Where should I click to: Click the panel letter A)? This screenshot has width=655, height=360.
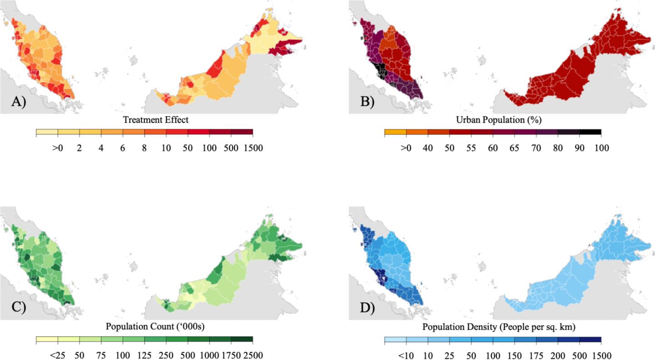click(x=19, y=102)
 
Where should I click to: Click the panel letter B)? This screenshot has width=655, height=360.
click(x=367, y=102)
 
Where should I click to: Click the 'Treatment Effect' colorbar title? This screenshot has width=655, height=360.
click(x=156, y=120)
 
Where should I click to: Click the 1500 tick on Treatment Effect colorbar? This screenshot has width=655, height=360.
click(x=253, y=148)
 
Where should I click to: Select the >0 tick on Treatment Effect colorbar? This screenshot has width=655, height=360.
click(x=58, y=148)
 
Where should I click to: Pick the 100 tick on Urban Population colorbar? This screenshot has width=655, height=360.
click(x=601, y=148)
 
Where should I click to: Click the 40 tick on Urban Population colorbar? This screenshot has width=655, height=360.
click(x=428, y=148)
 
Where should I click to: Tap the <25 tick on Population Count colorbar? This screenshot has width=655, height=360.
click(x=58, y=355)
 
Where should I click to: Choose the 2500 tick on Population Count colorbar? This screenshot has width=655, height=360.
click(x=253, y=355)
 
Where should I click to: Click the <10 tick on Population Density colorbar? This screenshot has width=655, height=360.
click(x=406, y=355)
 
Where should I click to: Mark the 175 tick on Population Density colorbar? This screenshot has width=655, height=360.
click(x=536, y=355)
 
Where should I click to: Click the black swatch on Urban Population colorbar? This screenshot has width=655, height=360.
click(x=590, y=132)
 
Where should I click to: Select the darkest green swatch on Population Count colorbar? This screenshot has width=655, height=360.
click(x=242, y=340)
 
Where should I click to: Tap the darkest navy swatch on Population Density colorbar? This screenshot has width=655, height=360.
click(x=590, y=340)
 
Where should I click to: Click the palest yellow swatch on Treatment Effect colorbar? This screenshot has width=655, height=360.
click(x=47, y=132)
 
